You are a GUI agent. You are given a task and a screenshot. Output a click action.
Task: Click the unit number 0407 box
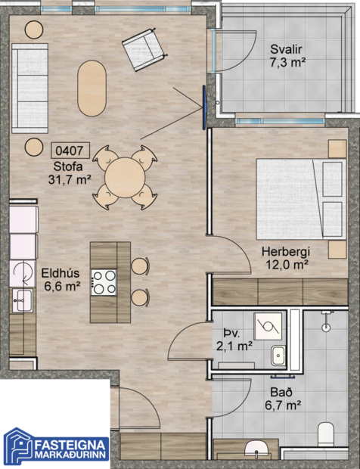[69, 151]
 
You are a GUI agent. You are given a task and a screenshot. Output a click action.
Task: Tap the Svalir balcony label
[287, 50]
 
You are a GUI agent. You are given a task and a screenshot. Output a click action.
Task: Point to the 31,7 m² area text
[69, 179]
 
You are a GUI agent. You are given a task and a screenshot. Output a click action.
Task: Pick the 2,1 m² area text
[234, 346]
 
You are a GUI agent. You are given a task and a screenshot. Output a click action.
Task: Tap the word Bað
[279, 393]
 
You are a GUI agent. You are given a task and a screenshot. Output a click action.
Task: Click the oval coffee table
[92, 85]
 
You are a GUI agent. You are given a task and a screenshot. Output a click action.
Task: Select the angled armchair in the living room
[144, 48]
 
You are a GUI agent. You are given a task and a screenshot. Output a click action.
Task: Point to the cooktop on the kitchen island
[104, 282]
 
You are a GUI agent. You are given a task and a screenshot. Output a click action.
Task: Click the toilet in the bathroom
[326, 434]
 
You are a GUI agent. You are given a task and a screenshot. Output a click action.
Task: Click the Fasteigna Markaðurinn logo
[57, 446]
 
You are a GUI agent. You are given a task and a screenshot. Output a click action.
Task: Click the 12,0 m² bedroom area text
[285, 265]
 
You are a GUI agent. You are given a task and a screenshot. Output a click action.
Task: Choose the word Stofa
[69, 166]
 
